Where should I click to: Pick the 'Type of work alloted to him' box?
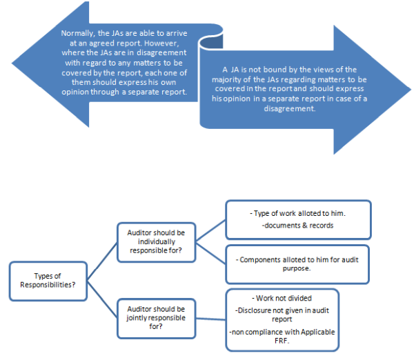click(297, 220)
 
